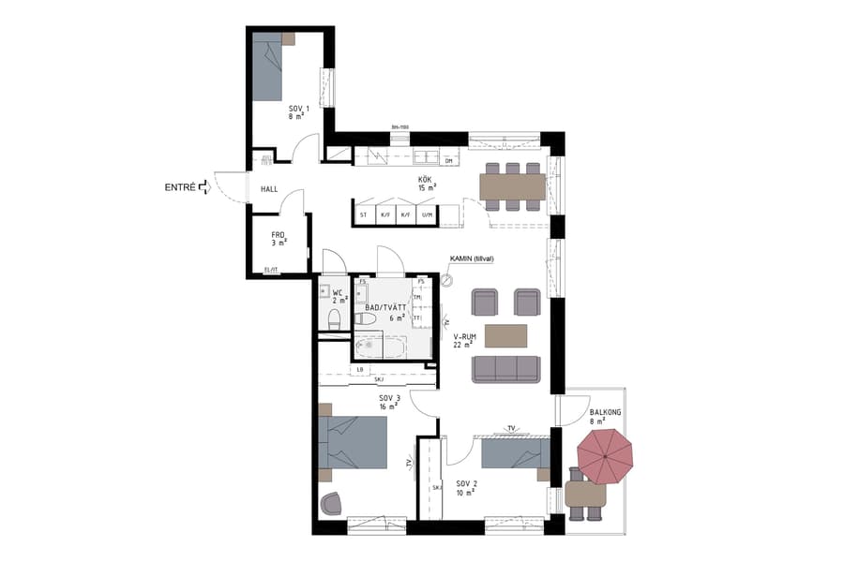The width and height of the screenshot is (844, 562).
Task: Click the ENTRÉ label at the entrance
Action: [x=180, y=187]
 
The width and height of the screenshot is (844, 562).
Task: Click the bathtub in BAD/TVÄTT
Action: [x=380, y=347]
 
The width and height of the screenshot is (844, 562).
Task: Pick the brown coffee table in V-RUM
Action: [x=506, y=335]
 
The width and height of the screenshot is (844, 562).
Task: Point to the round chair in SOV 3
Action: [x=332, y=504]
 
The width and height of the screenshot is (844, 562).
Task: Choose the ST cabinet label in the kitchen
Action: [x=363, y=215]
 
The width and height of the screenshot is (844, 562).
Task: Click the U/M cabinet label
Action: [x=428, y=215]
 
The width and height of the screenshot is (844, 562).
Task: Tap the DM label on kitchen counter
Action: [x=448, y=161]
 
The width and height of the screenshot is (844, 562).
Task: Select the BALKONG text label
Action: [x=605, y=412]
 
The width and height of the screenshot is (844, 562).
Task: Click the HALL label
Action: [x=269, y=189]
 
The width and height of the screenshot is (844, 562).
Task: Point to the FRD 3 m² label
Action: [x=279, y=239]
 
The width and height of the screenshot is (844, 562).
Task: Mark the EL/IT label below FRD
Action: [x=272, y=271]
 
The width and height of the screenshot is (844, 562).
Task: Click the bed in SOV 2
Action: [x=514, y=455]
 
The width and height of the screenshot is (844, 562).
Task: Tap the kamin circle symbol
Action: [x=447, y=279]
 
